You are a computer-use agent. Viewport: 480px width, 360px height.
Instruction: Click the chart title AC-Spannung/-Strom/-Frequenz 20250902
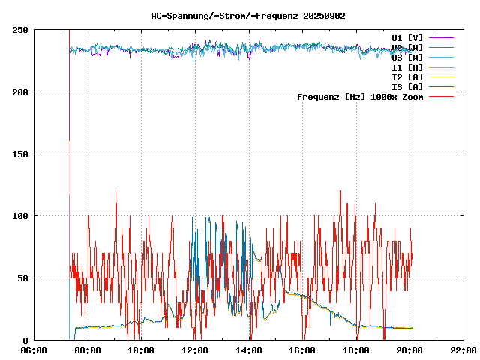pos(248,16)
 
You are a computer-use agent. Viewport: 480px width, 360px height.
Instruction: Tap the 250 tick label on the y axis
pos(20,30)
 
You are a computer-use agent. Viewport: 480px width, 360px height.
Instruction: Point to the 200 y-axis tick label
pos(20,92)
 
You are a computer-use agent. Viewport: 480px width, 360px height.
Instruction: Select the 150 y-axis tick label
pos(20,154)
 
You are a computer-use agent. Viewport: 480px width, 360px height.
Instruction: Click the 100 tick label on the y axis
pos(20,216)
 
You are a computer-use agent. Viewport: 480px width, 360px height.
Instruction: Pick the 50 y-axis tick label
pos(23,278)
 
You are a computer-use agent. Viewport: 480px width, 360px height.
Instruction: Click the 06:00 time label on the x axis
pos(34,350)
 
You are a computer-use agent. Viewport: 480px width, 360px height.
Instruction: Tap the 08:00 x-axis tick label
pos(88,350)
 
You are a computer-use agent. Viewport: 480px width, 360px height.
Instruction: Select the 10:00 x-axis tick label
pos(141,350)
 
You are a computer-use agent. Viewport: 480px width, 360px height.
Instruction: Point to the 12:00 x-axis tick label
pos(195,350)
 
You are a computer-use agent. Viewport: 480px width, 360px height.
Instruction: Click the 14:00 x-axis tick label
pos(248,350)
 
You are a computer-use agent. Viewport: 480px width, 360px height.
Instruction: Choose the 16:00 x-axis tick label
pos(302,350)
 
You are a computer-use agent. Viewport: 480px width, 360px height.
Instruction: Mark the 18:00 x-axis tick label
pos(355,350)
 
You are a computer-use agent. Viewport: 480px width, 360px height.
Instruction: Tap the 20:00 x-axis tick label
pos(409,350)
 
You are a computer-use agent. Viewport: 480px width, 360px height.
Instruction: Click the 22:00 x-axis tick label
pos(463,350)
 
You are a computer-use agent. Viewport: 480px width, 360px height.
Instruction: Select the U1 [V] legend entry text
pos(407,37)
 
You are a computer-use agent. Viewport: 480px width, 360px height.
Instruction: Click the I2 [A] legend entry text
pos(407,77)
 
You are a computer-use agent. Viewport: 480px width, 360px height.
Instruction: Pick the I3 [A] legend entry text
pos(407,87)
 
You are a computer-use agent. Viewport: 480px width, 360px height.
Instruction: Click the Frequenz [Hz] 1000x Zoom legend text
pos(360,97)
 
